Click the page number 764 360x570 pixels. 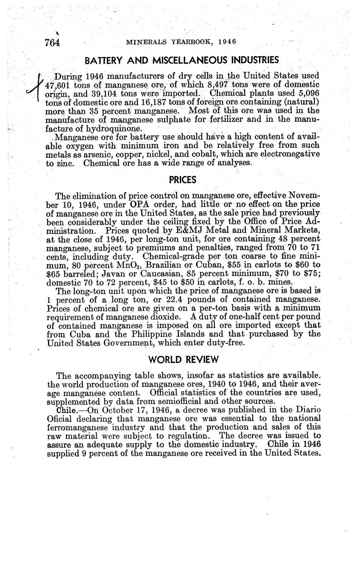[x=52, y=43]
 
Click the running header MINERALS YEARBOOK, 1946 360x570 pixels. [x=181, y=42]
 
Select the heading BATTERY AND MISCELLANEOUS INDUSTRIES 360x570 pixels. [x=181, y=60]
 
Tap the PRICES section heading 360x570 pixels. [x=182, y=180]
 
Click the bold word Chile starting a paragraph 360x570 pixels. [x=66, y=410]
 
